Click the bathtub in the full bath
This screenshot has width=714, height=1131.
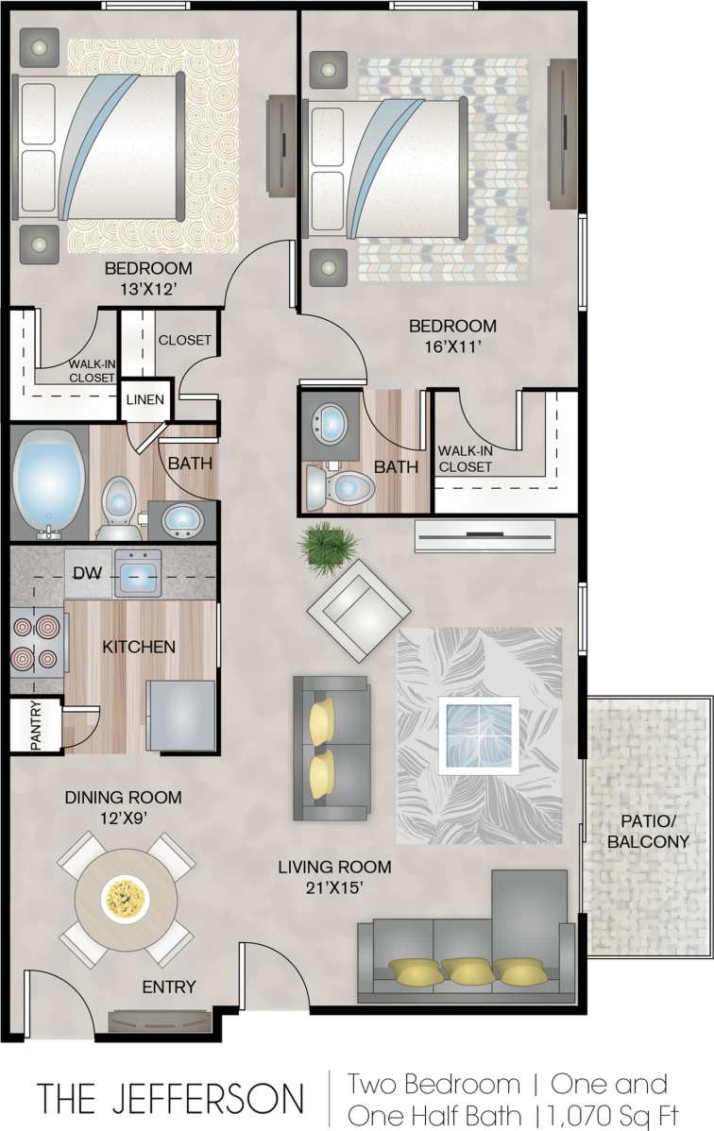(x=48, y=481)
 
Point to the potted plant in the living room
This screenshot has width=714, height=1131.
(x=329, y=545)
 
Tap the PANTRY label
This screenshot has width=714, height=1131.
(x=35, y=726)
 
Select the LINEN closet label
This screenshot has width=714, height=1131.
(x=145, y=399)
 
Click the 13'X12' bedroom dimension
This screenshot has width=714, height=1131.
(x=147, y=289)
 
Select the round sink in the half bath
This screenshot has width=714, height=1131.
(x=331, y=423)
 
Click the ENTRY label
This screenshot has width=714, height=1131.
(x=169, y=987)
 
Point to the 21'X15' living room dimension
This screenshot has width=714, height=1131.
(x=335, y=887)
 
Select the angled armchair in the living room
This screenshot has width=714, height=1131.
(x=358, y=610)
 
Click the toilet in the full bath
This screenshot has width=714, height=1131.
(x=118, y=502)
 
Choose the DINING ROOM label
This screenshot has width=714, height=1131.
(x=123, y=798)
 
